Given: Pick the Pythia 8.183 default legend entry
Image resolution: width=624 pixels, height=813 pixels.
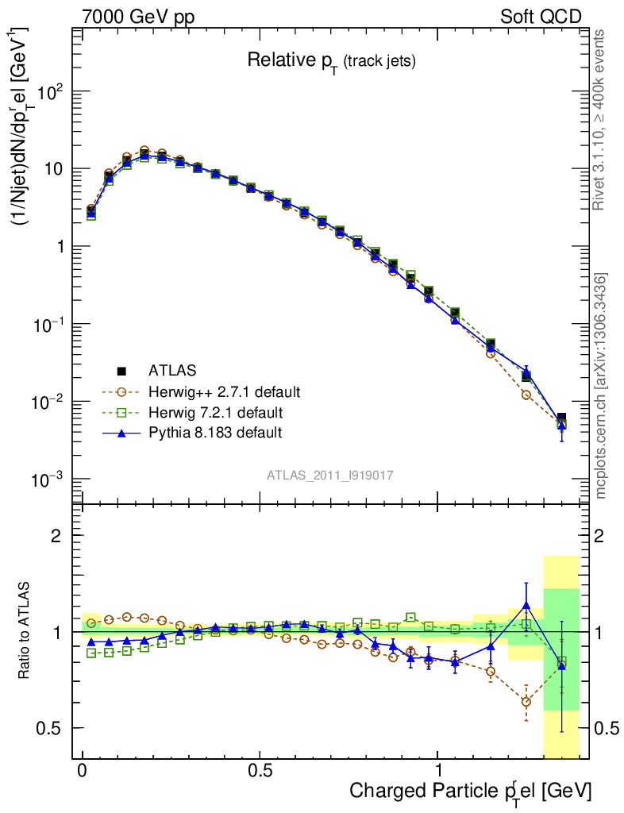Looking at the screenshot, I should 214,433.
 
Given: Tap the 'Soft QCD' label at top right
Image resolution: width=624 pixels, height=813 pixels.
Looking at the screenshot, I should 540,17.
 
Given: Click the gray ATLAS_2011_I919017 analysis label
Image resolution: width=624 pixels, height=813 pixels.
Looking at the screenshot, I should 330,475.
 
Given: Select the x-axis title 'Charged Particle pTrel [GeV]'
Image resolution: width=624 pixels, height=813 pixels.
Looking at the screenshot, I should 470,791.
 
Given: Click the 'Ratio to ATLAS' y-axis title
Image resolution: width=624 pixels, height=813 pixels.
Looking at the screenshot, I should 25,631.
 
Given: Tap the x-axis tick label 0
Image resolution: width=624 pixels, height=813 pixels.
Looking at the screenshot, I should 83,771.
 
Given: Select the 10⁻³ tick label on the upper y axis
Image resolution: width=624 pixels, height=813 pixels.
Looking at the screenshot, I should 49,480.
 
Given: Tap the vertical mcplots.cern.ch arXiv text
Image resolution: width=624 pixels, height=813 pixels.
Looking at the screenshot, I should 601,386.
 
